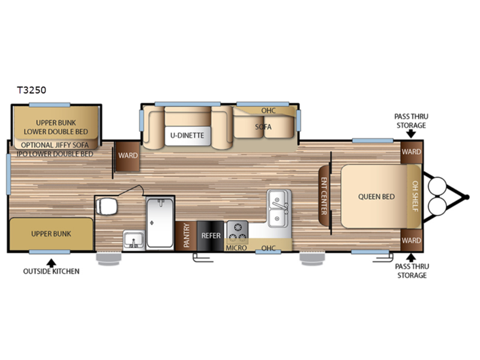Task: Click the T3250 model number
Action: (32, 90)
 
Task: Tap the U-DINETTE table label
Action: (187, 136)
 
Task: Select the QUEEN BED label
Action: (376, 197)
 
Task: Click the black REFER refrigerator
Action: (211, 236)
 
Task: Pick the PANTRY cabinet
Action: (186, 236)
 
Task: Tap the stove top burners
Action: (237, 232)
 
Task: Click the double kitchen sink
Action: (278, 208)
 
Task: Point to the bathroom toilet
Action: (106, 206)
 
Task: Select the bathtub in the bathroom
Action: (160, 222)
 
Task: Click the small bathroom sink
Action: (133, 241)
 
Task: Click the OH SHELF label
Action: (415, 196)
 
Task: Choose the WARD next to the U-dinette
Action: (127, 156)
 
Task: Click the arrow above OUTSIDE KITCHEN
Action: (52, 263)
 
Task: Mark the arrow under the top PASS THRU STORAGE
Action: (411, 134)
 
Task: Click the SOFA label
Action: (263, 127)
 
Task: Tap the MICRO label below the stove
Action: (236, 248)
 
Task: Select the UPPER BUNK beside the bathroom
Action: (51, 234)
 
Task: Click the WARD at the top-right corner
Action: (411, 152)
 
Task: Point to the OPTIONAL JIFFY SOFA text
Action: (55, 145)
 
